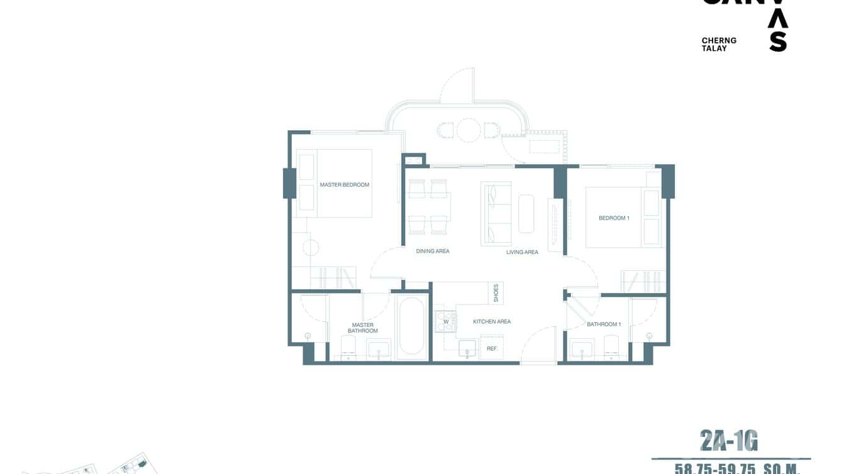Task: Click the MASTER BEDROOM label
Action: point(344,185)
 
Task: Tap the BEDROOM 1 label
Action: point(614,218)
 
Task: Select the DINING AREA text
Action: point(433,251)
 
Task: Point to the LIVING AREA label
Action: point(522,252)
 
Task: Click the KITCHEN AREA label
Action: point(492,322)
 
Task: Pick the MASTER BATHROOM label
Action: point(363,328)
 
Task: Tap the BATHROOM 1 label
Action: point(604,324)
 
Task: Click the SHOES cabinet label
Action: point(496,292)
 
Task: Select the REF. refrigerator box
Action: point(492,348)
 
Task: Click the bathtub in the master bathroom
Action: point(412,326)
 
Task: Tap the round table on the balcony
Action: point(469,130)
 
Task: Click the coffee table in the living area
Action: point(526,214)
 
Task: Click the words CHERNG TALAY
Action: point(719,44)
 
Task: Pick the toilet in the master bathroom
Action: point(348,346)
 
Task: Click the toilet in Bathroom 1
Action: point(611,346)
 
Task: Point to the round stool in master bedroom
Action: point(311,247)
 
